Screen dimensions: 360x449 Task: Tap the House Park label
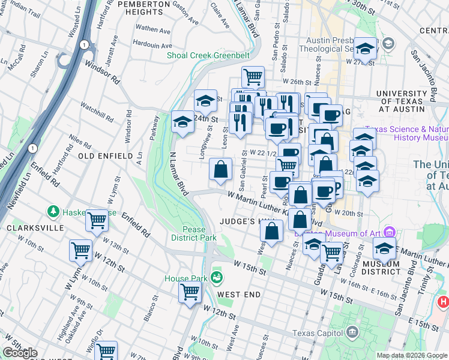pyautogui.click(x=186, y=278)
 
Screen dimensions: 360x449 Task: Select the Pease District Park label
pyautogui.click(x=199, y=234)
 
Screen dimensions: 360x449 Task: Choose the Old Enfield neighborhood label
pyautogui.click(x=105, y=156)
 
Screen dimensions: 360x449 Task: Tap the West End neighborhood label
pyautogui.click(x=239, y=295)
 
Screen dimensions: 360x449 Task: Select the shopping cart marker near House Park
pyautogui.click(x=190, y=293)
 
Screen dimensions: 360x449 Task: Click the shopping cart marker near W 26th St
pyautogui.click(x=253, y=77)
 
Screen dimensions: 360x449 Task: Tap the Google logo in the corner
pyautogui.click(x=20, y=353)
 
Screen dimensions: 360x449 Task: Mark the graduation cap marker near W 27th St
pyautogui.click(x=365, y=48)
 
